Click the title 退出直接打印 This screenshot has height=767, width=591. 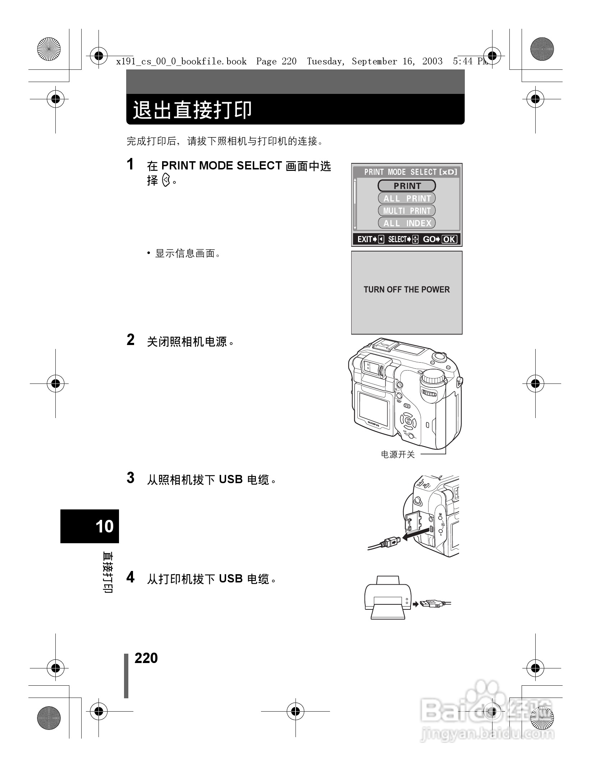(x=193, y=110)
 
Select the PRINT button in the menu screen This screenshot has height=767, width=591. (x=407, y=186)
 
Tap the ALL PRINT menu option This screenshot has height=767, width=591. (x=407, y=198)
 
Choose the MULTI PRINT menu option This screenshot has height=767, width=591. (x=407, y=210)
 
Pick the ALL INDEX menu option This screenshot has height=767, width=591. (x=407, y=223)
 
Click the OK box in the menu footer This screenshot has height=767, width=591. (x=449, y=239)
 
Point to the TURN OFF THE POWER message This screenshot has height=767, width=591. (x=407, y=290)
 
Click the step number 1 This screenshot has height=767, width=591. (x=130, y=164)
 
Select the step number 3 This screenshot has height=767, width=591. (x=130, y=478)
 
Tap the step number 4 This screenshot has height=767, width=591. (x=130, y=577)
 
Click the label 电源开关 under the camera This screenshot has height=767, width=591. (x=398, y=455)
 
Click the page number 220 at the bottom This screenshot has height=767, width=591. (x=146, y=658)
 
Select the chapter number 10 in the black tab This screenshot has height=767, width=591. (x=104, y=526)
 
